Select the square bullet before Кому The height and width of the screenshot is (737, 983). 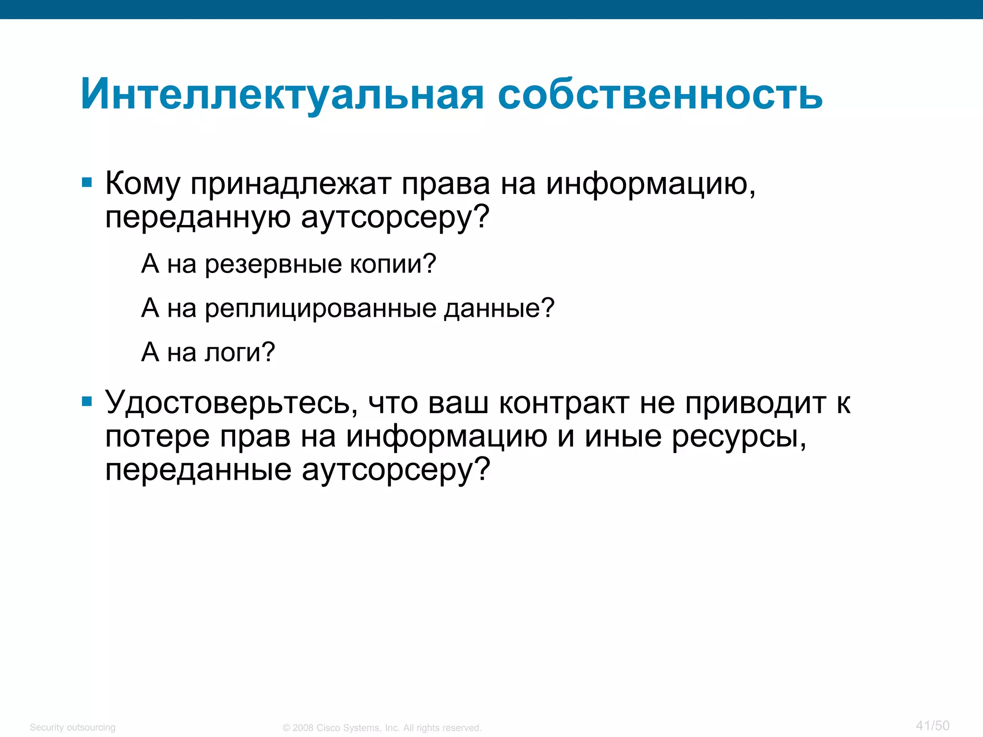pyautogui.click(x=87, y=182)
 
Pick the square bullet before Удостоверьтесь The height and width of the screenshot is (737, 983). pyautogui.click(x=87, y=401)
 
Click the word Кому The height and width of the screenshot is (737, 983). pyautogui.click(x=143, y=184)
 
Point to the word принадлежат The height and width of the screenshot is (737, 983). pyautogui.click(x=291, y=184)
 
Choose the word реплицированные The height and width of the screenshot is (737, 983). pyautogui.click(x=321, y=308)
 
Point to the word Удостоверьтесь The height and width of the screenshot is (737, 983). pyautogui.click(x=231, y=403)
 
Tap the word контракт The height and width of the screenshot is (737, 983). pyautogui.click(x=564, y=403)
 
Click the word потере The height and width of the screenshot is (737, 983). pyautogui.click(x=157, y=437)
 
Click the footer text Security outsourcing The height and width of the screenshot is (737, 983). pyautogui.click(x=72, y=727)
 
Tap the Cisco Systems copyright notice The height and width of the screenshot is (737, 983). pyautogui.click(x=382, y=728)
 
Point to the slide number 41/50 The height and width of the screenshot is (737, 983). pyautogui.click(x=933, y=725)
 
